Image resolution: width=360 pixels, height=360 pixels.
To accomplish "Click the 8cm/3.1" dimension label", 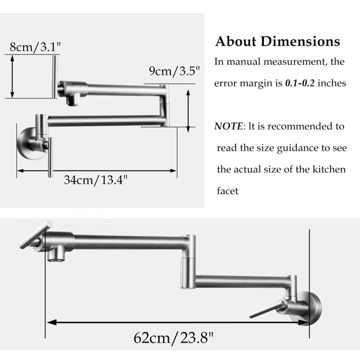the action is click(x=35, y=47).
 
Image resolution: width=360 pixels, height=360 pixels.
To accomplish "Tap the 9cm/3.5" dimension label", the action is click(x=174, y=71).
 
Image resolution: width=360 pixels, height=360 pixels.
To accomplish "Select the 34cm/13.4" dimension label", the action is click(x=95, y=180).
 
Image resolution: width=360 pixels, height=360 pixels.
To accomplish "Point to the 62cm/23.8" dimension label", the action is click(x=173, y=337).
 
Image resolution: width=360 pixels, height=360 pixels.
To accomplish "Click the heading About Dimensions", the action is click(x=278, y=41).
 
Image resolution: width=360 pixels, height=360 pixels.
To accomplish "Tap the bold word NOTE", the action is click(x=228, y=126).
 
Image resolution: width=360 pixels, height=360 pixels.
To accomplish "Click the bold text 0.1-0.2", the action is click(x=300, y=83).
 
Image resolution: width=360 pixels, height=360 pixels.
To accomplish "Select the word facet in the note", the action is click(x=227, y=191).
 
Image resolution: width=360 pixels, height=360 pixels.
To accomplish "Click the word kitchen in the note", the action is click(x=329, y=170).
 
